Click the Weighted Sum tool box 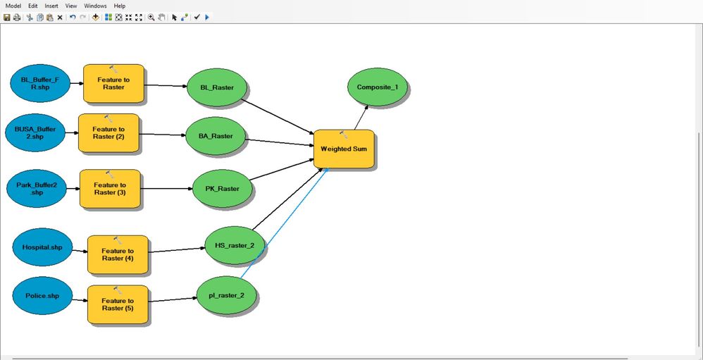[x=344, y=149]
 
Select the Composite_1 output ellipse [x=378, y=87]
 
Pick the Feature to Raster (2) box [x=108, y=133]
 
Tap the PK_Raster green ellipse [x=222, y=189]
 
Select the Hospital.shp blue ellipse [x=42, y=247]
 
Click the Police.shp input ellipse [x=42, y=296]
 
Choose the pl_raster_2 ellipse [x=226, y=295]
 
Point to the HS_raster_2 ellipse [x=235, y=245]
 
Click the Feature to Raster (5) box [x=118, y=305]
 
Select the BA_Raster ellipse [x=215, y=135]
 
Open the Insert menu [x=51, y=6]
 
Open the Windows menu [x=95, y=6]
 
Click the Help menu [x=119, y=6]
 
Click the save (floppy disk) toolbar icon [x=7, y=17]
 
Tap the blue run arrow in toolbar [x=206, y=17]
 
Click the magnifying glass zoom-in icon [x=151, y=17]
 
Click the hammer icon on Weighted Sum [x=344, y=135]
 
